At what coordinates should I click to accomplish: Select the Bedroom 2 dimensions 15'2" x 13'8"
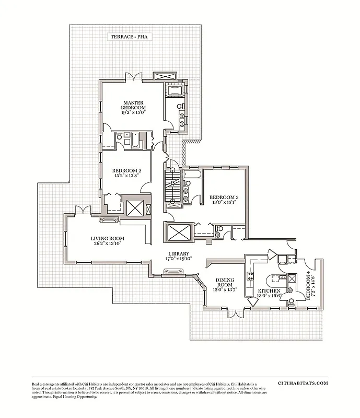click(126, 176)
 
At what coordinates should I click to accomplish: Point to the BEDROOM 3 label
click(224, 197)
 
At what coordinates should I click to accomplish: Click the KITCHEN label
click(269, 291)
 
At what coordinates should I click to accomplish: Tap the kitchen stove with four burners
click(250, 275)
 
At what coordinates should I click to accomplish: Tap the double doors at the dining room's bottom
click(233, 313)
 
